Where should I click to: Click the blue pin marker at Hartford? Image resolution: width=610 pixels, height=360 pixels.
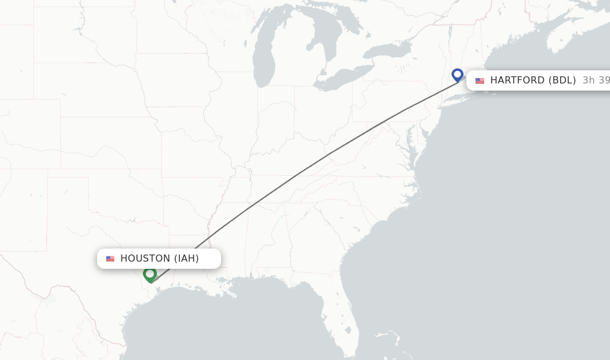457,75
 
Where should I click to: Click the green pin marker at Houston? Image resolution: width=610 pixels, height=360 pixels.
150,274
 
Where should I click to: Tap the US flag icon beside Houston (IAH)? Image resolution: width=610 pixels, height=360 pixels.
110,259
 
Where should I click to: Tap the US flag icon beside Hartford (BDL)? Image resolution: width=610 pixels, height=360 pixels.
480,80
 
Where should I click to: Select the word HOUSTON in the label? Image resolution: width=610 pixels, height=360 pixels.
145,259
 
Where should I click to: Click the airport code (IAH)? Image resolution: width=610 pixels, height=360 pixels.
186,259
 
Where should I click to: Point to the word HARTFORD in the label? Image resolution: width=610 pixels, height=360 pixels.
517,80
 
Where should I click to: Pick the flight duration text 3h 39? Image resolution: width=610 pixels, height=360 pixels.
596,80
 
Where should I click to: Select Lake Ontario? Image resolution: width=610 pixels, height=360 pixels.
387,51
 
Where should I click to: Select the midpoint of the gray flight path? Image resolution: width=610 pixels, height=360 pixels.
298,175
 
